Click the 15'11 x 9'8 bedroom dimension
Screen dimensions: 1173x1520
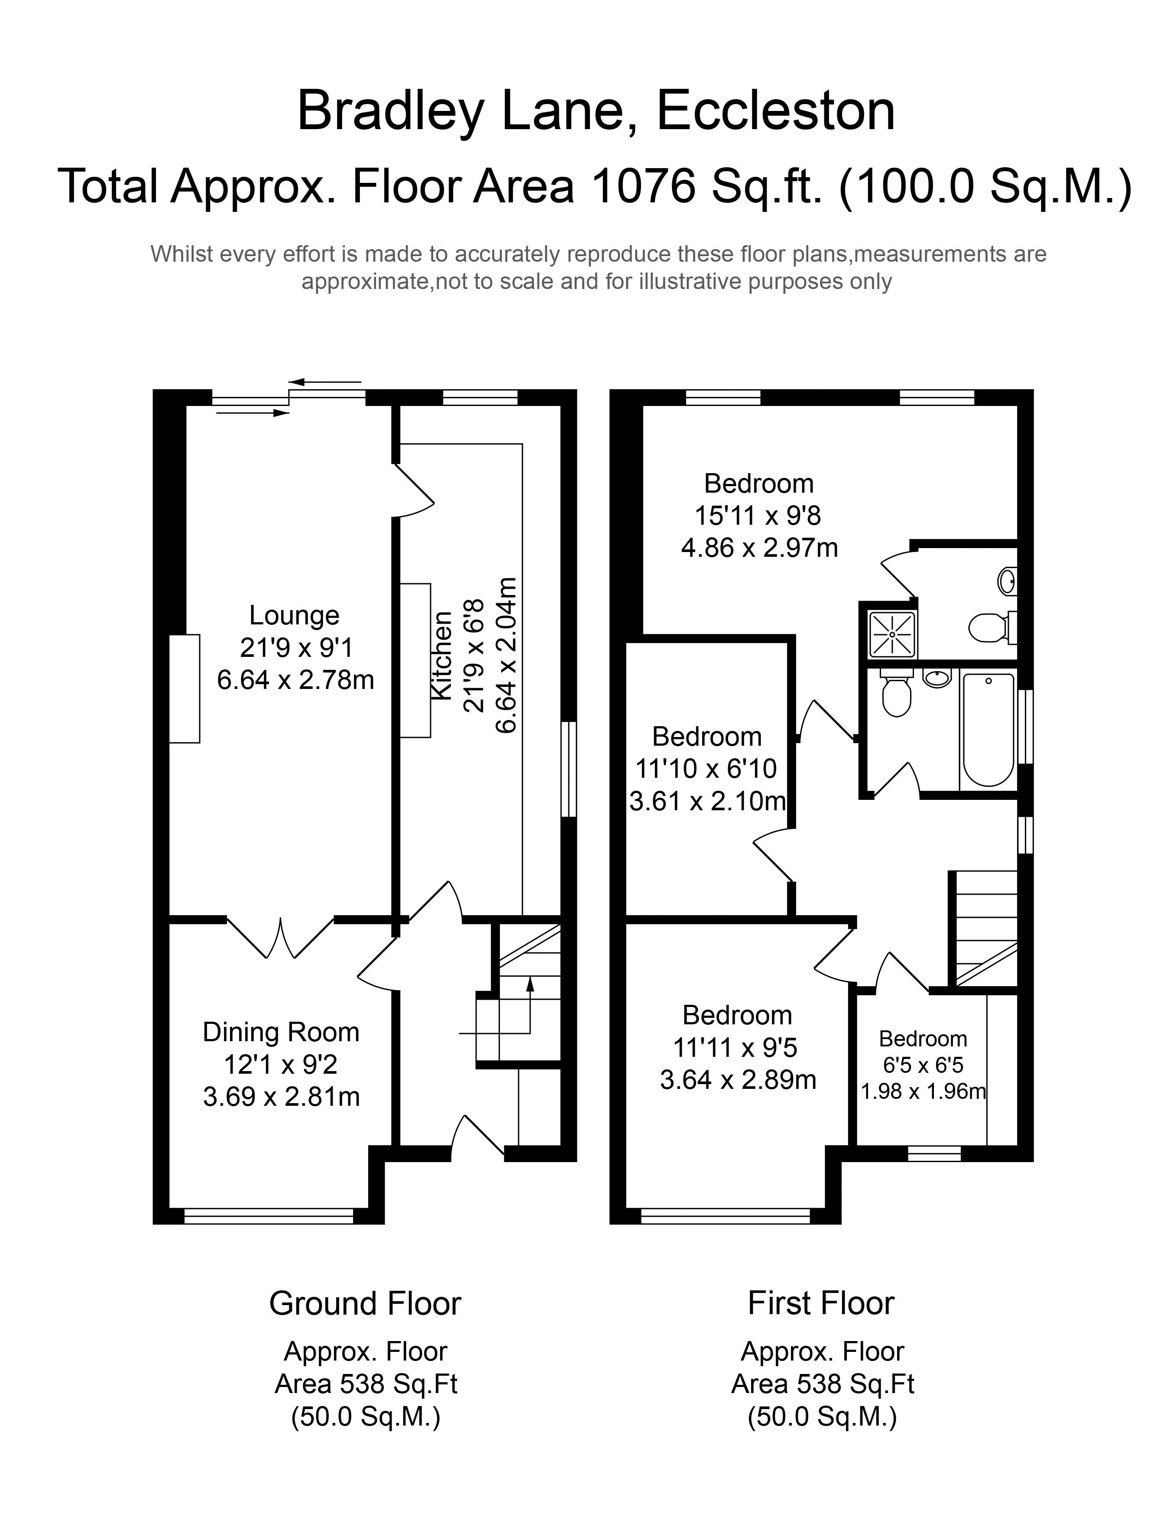pos(758,516)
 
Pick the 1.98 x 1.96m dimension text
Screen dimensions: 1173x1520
pos(923,1091)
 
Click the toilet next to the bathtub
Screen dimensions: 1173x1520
pos(896,692)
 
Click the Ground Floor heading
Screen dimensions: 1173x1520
pos(365,1303)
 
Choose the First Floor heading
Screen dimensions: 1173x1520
pos(821,1303)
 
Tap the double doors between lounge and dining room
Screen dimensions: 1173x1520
pos(281,937)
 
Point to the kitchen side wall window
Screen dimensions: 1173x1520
pos(569,769)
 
